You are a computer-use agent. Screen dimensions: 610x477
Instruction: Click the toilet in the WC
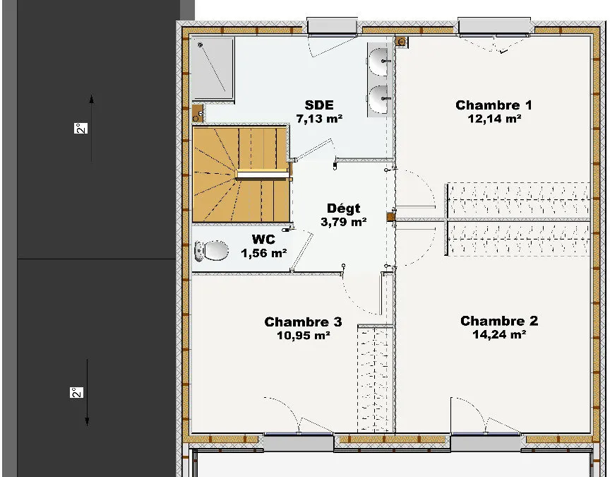pyautogui.click(x=211, y=251)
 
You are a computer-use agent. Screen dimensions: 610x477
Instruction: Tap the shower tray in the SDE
pyautogui.click(x=213, y=69)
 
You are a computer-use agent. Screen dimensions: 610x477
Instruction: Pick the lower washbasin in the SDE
pyautogui.click(x=378, y=100)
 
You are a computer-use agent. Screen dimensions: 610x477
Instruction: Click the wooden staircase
pyautogui.click(x=241, y=174)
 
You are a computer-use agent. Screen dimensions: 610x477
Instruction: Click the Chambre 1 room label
pyautogui.click(x=494, y=105)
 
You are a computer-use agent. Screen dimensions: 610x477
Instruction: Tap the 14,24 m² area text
pyautogui.click(x=500, y=334)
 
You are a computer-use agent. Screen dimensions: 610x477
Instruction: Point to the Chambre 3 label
pyautogui.click(x=303, y=322)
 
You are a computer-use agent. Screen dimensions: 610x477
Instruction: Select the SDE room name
pyautogui.click(x=319, y=105)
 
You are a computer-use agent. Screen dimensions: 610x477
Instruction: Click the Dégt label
pyautogui.click(x=344, y=208)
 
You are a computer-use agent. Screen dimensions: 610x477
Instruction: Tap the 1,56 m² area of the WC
pyautogui.click(x=264, y=253)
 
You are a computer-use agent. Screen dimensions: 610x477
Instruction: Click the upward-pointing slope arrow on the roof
pyautogui.click(x=91, y=128)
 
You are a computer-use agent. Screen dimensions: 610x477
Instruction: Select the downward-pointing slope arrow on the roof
pyautogui.click(x=87, y=392)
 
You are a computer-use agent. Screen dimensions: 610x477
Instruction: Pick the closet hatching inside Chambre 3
pyautogui.click(x=374, y=379)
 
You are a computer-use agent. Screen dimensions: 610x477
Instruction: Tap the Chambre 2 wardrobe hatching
pyautogui.click(x=518, y=239)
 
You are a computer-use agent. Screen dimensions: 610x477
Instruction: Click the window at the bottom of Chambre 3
pyautogui.click(x=299, y=442)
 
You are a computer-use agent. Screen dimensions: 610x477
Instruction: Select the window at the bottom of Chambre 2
pyautogui.click(x=486, y=442)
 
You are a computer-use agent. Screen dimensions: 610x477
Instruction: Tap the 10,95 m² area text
pyautogui.click(x=304, y=335)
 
